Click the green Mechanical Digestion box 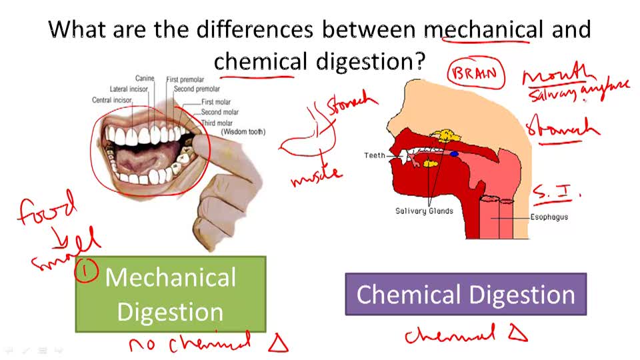(171, 295)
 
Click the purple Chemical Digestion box (465, 294)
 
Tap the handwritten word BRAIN (475, 73)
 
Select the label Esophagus (549, 217)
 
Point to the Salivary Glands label (424, 211)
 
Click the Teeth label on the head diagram (375, 155)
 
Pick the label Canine (145, 79)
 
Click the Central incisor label (112, 101)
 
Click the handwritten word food (47, 209)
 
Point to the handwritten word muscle (316, 176)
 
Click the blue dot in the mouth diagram (454, 154)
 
